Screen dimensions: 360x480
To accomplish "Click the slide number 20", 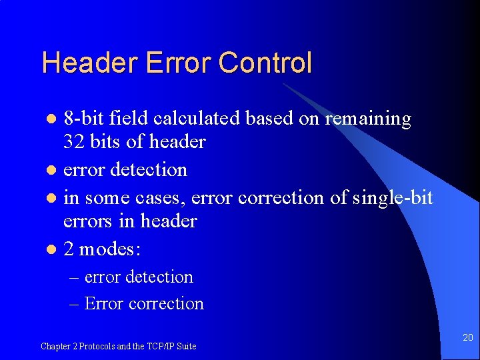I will [467, 338].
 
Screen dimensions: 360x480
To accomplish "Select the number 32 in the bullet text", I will [73, 141].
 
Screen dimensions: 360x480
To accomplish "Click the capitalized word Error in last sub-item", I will [104, 303].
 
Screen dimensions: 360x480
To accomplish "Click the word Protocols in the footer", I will [97, 346].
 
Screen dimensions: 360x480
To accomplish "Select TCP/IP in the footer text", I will [162, 346].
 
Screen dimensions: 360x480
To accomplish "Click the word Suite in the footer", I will [187, 346].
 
